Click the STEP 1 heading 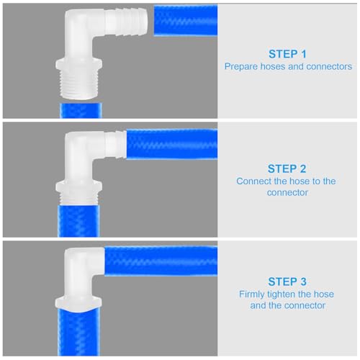point(288,53)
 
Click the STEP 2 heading point(288,168)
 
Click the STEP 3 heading point(288,281)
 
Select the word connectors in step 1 point(329,66)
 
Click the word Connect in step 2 point(253,181)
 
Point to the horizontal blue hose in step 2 point(171,144)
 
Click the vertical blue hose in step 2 point(79,216)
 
